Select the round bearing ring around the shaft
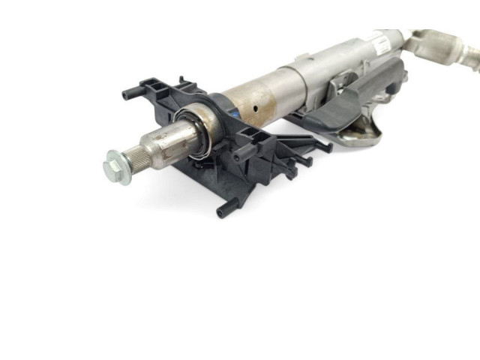pos(193,134)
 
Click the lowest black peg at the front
pos(223,212)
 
